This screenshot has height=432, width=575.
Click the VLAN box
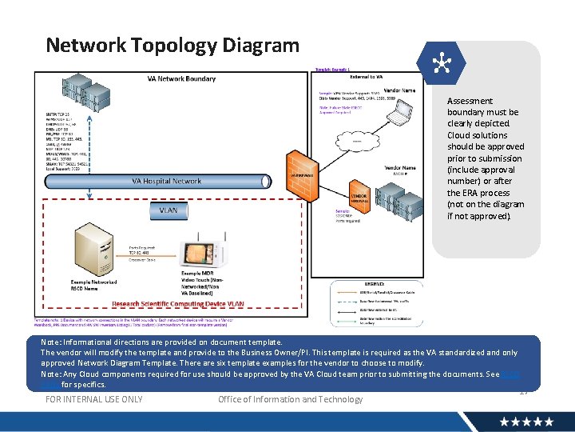click(x=169, y=210)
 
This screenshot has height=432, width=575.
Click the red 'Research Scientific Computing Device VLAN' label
click(x=179, y=305)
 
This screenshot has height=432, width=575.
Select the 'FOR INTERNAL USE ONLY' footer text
click(x=94, y=399)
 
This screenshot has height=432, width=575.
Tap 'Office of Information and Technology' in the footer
click(x=290, y=399)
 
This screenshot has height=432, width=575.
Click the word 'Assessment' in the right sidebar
click(x=470, y=101)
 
